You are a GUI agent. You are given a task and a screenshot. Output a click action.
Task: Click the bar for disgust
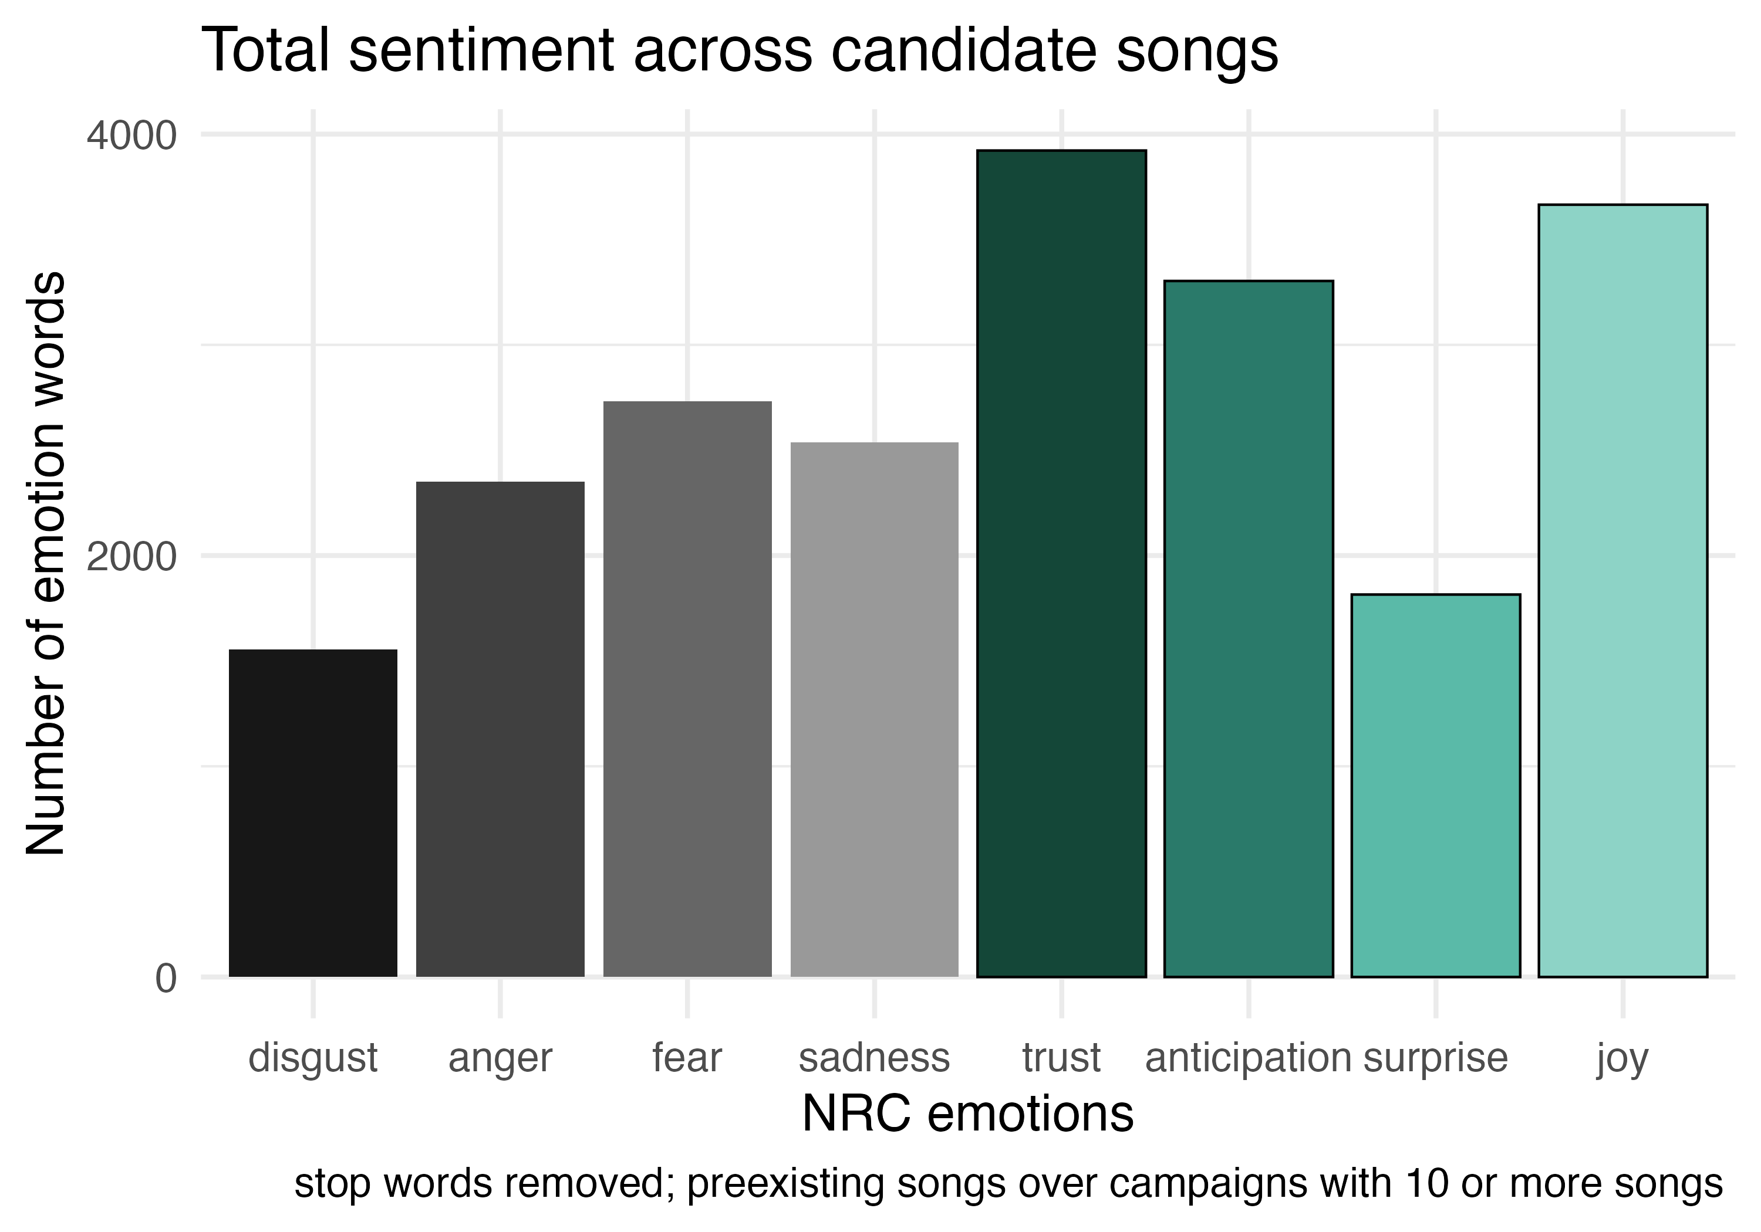[x=313, y=813]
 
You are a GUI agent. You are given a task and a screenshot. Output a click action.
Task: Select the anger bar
[x=500, y=728]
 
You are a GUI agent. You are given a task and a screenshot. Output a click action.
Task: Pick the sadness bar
[x=875, y=709]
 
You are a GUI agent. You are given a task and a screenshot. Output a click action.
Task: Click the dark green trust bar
[x=1061, y=563]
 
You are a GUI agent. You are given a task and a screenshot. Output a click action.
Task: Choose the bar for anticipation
[x=1249, y=629]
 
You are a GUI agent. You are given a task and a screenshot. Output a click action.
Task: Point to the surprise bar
[x=1436, y=785]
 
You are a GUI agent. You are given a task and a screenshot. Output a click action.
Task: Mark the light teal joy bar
[x=1623, y=590]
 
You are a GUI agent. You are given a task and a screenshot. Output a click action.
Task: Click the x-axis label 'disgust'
[x=313, y=1058]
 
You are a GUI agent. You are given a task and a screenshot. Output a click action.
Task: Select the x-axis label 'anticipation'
[x=1248, y=1058]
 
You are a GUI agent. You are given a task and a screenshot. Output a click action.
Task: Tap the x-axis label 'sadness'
[x=875, y=1058]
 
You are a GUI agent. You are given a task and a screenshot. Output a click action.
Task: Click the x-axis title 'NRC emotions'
[x=968, y=1114]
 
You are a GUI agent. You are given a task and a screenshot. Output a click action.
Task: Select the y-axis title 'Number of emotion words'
[x=46, y=563]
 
